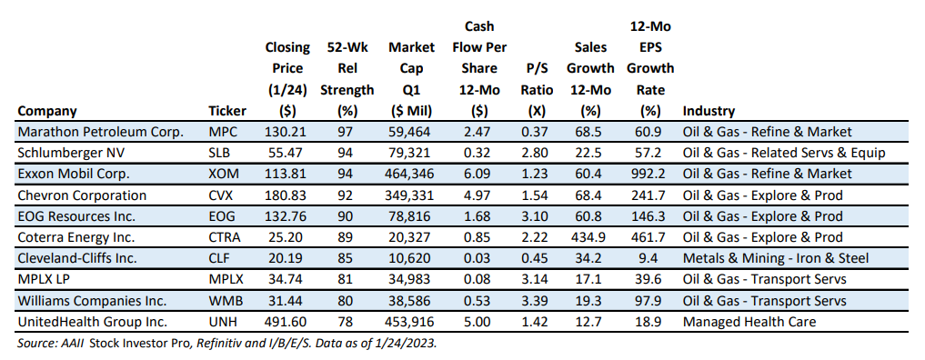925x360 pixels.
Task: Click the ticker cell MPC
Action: (223, 132)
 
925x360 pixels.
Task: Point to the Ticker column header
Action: (227, 111)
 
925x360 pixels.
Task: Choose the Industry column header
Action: (709, 111)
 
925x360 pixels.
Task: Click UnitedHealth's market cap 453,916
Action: (412, 323)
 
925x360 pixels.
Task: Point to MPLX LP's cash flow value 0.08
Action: (479, 280)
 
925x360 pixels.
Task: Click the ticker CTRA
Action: (225, 237)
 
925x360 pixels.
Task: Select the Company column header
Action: (47, 111)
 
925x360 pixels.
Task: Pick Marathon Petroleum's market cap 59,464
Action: (412, 132)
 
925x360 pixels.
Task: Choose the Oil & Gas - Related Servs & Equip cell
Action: (784, 153)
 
